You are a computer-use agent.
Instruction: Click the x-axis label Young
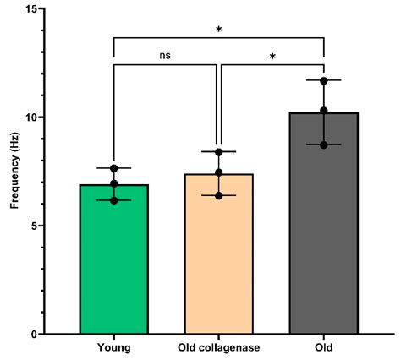[x=113, y=347]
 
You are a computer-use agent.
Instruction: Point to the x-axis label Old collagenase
[x=218, y=347]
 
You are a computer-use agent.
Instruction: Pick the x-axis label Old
[x=323, y=347]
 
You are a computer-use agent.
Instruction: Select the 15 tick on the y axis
[x=40, y=9]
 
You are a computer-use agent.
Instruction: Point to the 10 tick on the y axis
[x=40, y=117]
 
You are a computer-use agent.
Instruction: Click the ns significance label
[x=166, y=57]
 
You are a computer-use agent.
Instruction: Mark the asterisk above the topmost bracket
[x=218, y=30]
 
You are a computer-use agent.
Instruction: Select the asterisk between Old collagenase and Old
[x=272, y=57]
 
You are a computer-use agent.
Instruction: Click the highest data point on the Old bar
[x=323, y=81]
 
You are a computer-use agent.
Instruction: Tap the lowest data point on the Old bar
[x=323, y=145]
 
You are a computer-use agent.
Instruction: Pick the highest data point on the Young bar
[x=113, y=168]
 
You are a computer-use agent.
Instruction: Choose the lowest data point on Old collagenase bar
[x=218, y=195]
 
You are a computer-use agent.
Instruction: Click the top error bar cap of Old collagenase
[x=218, y=151]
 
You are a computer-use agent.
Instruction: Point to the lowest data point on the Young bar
[x=113, y=200]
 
